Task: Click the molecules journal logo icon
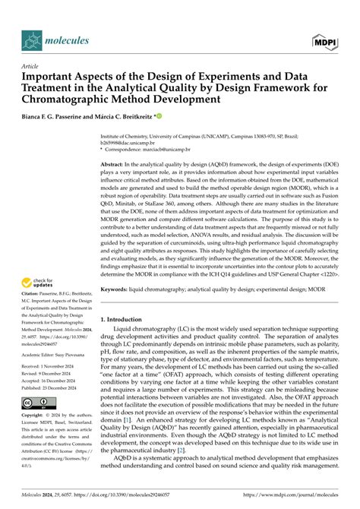pyautogui.click(x=31, y=39)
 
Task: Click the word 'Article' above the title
pyautogui.click(x=31, y=65)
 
